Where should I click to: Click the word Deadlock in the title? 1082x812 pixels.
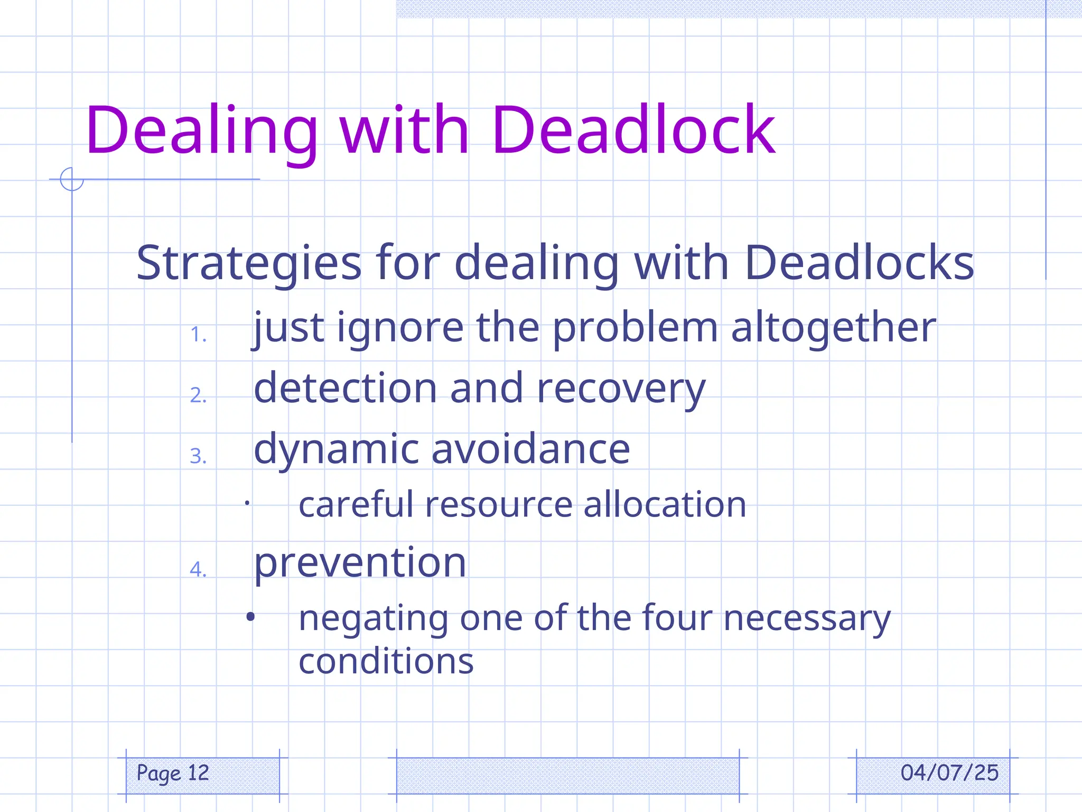tap(633, 130)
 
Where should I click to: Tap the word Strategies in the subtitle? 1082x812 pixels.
tap(249, 263)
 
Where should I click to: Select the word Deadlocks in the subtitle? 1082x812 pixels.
tap(859, 263)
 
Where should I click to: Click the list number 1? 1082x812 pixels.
tap(198, 335)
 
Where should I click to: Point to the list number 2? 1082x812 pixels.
tap(198, 395)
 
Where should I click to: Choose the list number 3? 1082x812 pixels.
tap(198, 456)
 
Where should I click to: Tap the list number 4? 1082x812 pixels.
tap(198, 569)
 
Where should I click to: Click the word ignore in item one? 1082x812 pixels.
tap(400, 328)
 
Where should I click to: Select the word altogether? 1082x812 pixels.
tap(833, 328)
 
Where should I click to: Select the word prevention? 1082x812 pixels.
tap(360, 562)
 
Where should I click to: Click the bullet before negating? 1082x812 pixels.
tap(250, 616)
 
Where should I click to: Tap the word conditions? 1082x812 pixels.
tap(386, 661)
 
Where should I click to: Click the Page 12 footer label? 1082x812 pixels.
tap(173, 773)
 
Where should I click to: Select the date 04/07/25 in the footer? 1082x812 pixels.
tap(949, 773)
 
